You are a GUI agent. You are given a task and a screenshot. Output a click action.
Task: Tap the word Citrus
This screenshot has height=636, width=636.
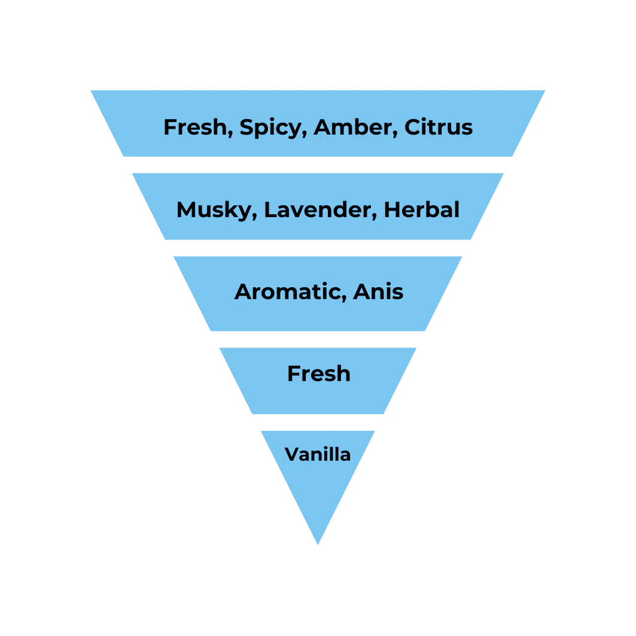[x=439, y=127]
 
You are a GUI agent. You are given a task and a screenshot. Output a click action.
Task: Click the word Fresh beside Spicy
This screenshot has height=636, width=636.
[x=195, y=127]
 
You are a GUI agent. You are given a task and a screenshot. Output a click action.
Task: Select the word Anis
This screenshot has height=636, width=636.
[x=378, y=291]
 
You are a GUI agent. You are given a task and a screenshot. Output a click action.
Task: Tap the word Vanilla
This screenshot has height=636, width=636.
[x=318, y=454]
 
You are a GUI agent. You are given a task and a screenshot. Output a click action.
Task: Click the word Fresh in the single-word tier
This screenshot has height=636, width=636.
[x=318, y=373]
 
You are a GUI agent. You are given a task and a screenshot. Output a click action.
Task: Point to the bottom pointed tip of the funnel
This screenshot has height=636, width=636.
[x=318, y=543]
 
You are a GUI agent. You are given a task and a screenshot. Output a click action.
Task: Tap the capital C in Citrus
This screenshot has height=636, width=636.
[x=412, y=127]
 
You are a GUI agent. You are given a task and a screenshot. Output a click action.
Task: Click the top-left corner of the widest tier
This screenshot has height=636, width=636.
[x=88, y=89]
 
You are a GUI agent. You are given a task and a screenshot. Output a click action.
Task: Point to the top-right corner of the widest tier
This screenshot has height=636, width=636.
[x=544, y=89]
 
